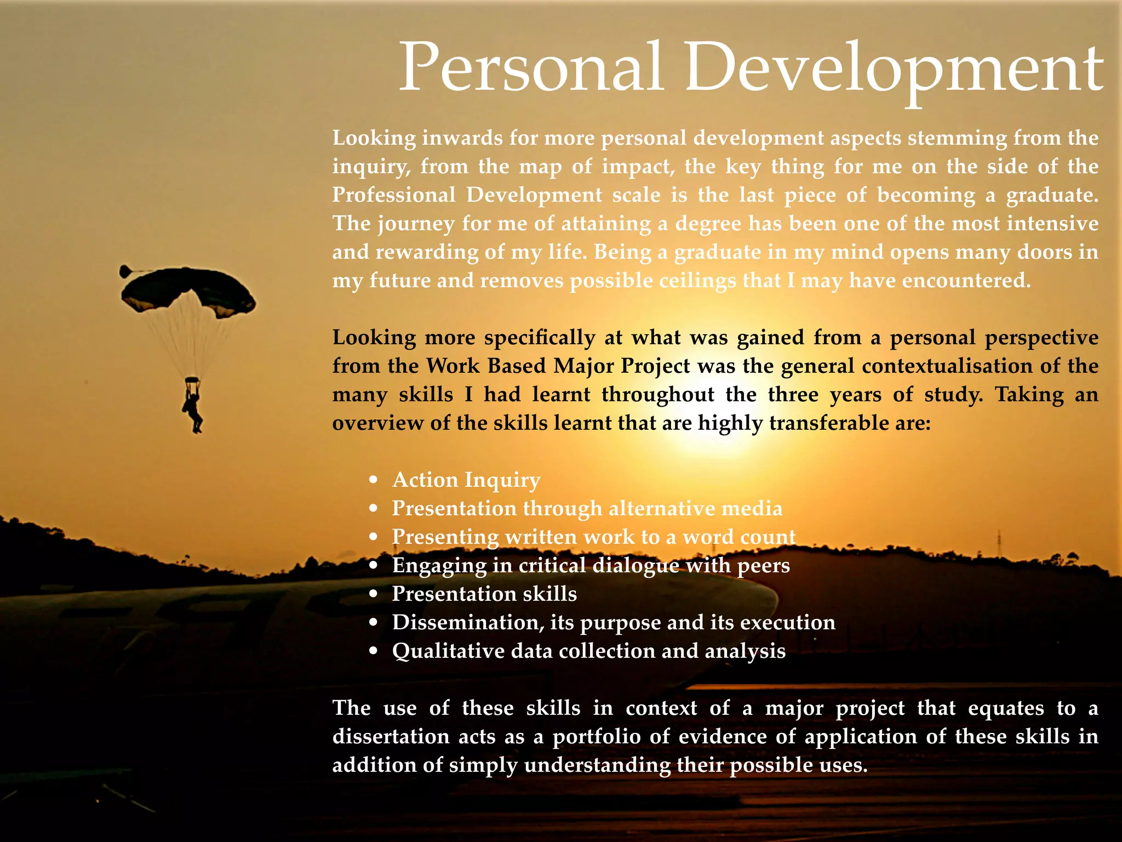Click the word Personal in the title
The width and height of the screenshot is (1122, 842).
coord(531,69)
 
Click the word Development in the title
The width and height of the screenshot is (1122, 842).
coord(893,69)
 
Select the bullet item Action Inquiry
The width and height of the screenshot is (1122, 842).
coord(466,480)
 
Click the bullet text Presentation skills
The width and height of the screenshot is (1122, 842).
coord(484,594)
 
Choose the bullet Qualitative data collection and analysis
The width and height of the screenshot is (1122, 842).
coord(589,651)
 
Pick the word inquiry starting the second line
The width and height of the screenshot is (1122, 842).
coord(371,166)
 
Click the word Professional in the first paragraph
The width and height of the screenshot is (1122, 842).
coord(394,195)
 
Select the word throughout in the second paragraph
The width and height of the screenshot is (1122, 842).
coord(658,394)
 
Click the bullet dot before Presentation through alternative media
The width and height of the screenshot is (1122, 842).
coord(374,509)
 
